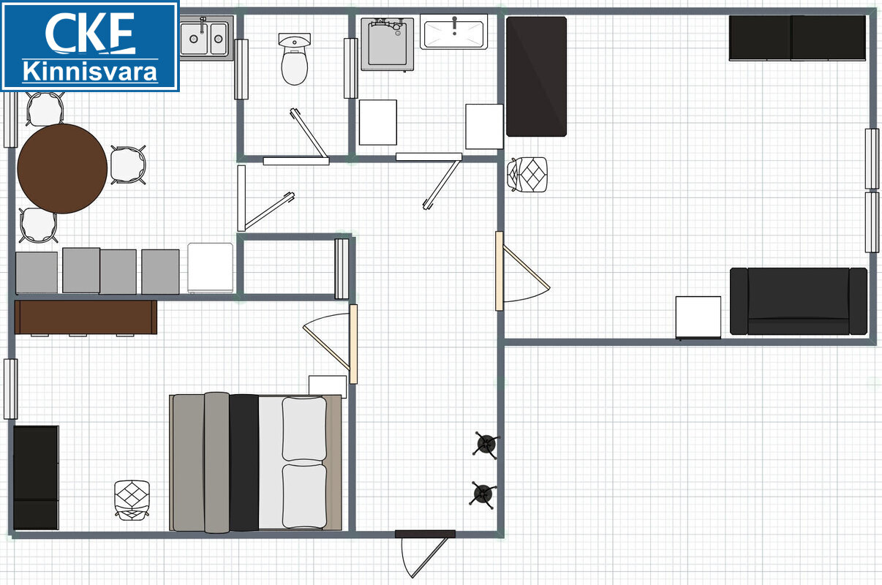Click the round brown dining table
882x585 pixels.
[62, 169]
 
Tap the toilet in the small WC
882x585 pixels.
[295, 59]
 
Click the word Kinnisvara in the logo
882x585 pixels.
[90, 72]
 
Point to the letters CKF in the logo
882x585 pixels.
[90, 33]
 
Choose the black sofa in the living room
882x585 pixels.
[799, 301]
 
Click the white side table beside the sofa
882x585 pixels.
[698, 317]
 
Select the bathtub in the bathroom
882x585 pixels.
[453, 31]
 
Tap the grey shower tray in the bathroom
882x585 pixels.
[388, 44]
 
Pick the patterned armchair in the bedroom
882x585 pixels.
[132, 500]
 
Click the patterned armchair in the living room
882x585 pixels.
[527, 175]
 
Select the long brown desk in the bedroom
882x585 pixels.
[86, 317]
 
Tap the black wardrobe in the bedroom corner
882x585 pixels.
[37, 478]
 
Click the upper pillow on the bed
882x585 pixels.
[304, 429]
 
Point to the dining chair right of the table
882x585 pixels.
[128, 165]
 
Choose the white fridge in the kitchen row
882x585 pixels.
[211, 268]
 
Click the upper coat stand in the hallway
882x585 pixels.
[486, 445]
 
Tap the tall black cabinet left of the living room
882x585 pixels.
[536, 76]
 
